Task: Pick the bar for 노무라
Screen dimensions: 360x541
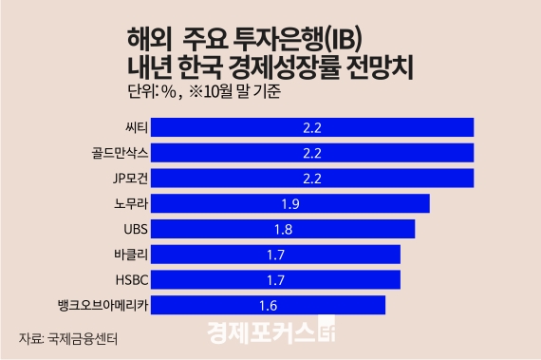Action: tap(290, 203)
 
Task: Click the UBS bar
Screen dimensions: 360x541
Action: tap(283, 229)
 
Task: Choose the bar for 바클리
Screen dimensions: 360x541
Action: tap(275, 254)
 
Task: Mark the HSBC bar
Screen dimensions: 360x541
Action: tap(275, 279)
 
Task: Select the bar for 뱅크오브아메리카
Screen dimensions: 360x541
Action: tap(268, 304)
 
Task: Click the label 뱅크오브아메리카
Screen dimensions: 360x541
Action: tap(102, 304)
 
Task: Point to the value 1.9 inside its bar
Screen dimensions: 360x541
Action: tap(290, 203)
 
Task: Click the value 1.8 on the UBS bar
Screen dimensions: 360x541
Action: tap(283, 229)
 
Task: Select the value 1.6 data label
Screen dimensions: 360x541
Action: tap(268, 304)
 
